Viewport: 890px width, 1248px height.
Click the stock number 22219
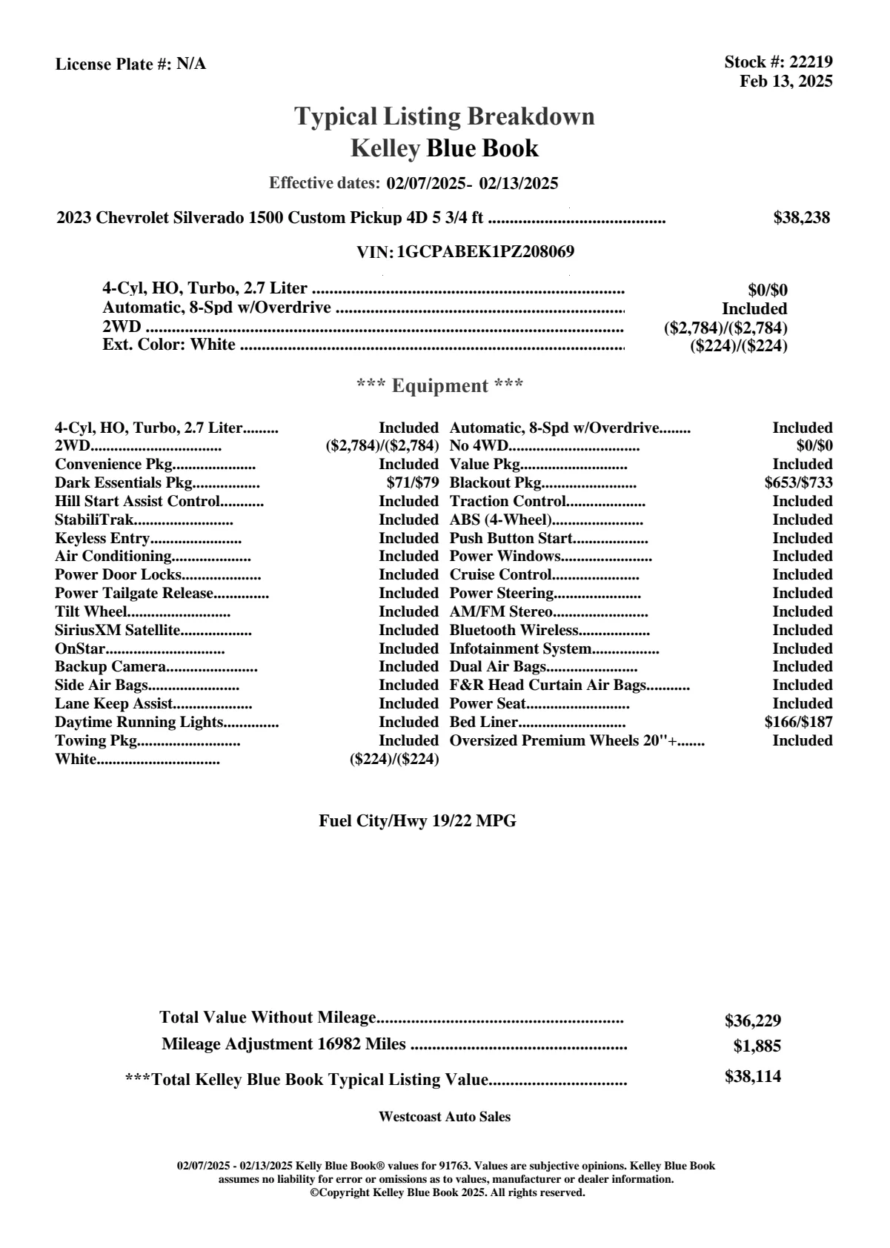[x=811, y=62]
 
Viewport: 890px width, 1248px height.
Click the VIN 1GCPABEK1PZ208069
[x=485, y=252]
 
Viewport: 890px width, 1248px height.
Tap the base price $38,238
[x=801, y=218]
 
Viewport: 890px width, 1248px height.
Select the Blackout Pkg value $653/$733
[x=798, y=483]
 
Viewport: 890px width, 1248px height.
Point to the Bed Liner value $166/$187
[x=798, y=723]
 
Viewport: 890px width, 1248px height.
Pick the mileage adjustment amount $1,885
[x=757, y=1046]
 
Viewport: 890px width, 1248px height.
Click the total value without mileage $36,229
[x=752, y=1020]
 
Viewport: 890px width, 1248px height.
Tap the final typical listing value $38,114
[x=752, y=1077]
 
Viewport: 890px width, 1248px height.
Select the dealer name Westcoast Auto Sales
[x=444, y=1117]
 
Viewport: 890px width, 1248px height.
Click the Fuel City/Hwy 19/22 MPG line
[x=417, y=821]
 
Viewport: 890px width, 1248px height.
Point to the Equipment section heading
[x=439, y=386]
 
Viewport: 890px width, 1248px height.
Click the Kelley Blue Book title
[x=444, y=149]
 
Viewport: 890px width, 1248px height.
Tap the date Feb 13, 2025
[x=786, y=81]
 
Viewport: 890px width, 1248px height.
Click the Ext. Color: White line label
[x=169, y=345]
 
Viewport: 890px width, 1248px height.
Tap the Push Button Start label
[x=511, y=539]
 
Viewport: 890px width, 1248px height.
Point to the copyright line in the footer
[x=447, y=1193]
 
